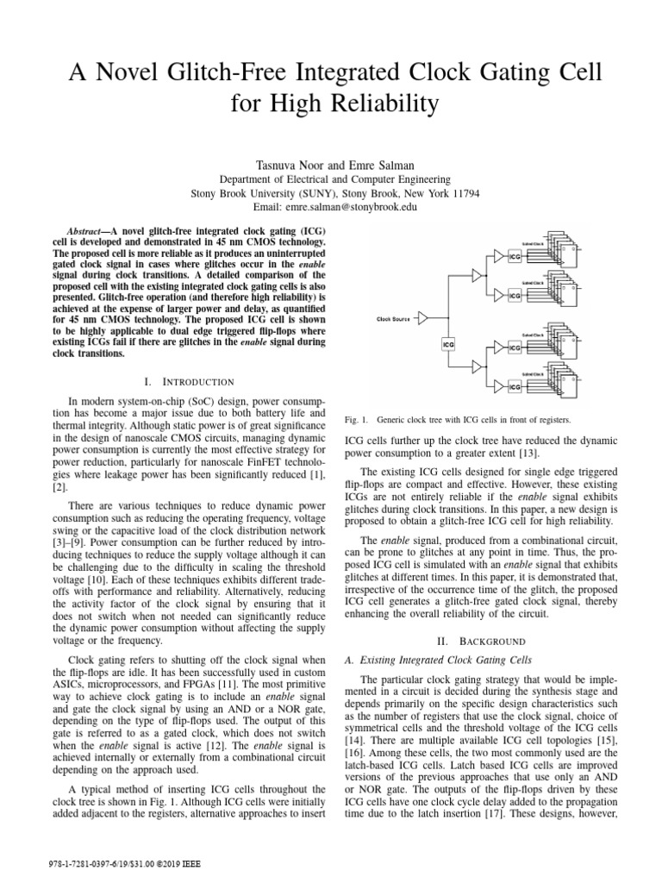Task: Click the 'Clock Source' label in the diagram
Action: click(394, 317)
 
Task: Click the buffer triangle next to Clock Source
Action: click(423, 318)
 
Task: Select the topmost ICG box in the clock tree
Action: click(515, 256)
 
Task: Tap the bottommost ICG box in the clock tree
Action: click(515, 388)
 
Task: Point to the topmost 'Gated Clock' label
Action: click(533, 244)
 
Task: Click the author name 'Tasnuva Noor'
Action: click(276, 164)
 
